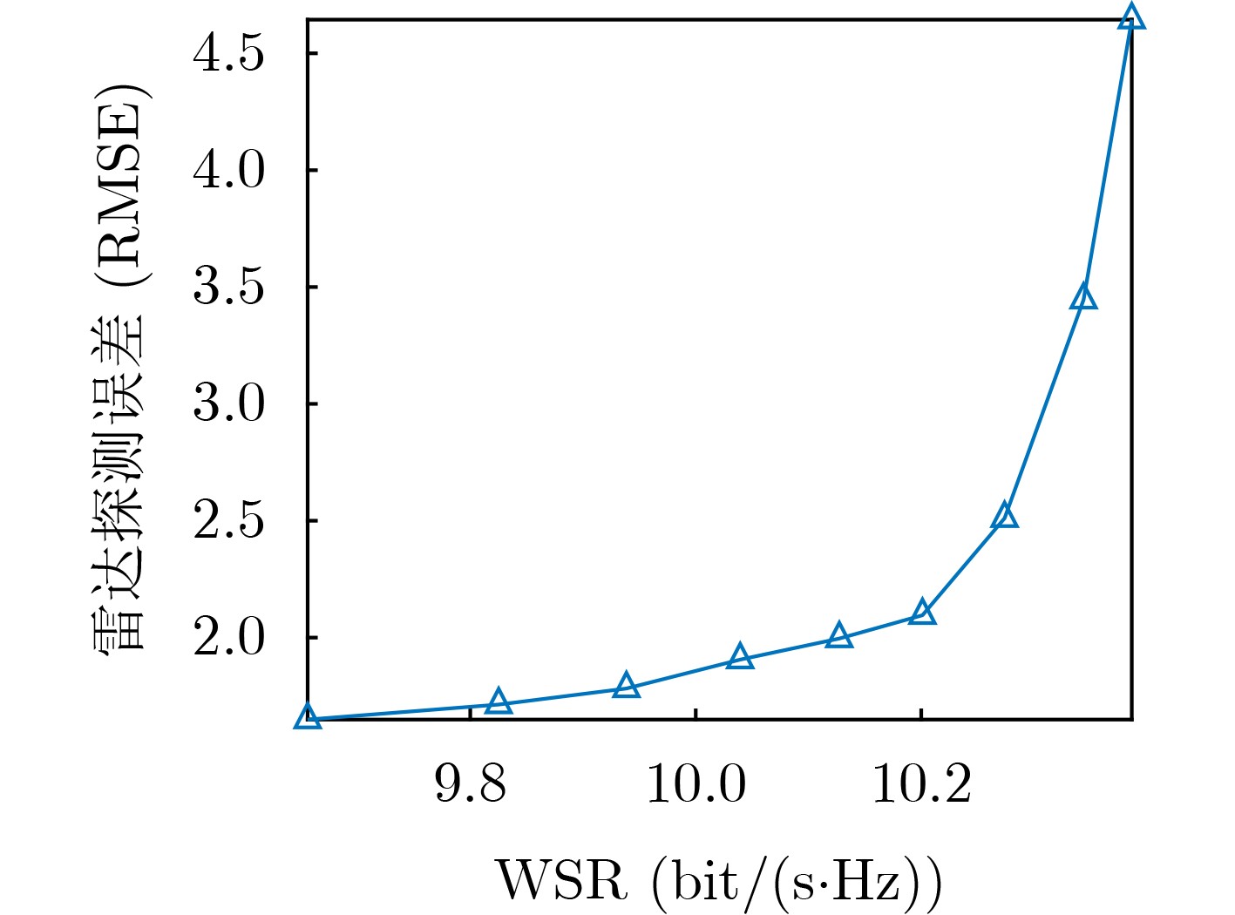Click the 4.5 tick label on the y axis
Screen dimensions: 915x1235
click(x=227, y=55)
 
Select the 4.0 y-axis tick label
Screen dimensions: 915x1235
click(x=227, y=171)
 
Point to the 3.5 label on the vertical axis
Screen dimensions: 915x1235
click(x=227, y=288)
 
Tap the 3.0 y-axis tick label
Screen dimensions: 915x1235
click(x=227, y=404)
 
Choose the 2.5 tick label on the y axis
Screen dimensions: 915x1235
click(x=227, y=521)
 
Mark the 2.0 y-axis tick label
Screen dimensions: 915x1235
click(x=227, y=638)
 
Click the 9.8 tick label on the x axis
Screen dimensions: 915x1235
click(x=470, y=783)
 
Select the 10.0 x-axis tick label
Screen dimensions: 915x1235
click(x=696, y=783)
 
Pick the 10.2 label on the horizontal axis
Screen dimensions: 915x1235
click(x=921, y=783)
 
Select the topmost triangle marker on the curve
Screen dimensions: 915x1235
click(x=1130, y=17)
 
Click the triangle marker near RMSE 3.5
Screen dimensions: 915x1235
click(x=1083, y=297)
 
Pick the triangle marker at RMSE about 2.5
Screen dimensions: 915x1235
click(x=1004, y=516)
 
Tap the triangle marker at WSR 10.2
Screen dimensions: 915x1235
click(x=923, y=613)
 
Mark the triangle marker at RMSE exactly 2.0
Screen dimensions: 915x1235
click(x=838, y=635)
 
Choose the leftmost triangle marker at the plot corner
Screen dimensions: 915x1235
click(x=308, y=717)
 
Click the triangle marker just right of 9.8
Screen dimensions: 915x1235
click(x=499, y=701)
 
